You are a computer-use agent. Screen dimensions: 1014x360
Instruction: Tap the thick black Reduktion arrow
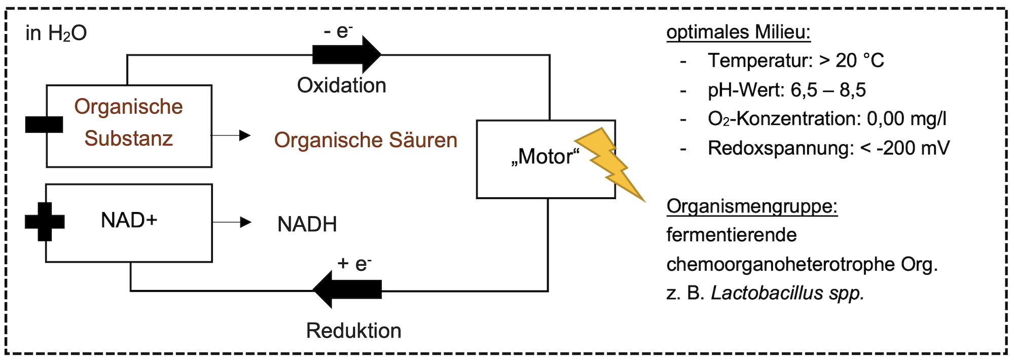347,290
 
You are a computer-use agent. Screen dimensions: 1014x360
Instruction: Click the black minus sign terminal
44,124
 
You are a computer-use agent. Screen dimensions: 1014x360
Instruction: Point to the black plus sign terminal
45,222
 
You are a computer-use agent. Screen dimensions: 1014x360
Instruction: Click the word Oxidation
342,85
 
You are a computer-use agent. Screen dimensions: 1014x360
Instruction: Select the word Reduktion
354,331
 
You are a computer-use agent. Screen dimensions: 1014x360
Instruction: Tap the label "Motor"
545,156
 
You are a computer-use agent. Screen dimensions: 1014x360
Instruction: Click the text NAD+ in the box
129,221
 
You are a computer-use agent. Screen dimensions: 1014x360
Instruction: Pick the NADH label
307,224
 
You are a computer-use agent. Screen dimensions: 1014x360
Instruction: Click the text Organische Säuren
366,140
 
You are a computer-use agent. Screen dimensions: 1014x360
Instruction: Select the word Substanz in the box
129,138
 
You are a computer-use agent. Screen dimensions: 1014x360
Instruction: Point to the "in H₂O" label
56,33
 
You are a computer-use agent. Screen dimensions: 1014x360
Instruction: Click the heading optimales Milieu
739,32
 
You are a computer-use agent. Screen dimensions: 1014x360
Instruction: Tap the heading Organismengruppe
752,206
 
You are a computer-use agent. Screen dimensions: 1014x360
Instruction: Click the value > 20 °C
852,61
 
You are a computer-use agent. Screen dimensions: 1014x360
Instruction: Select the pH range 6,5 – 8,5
828,90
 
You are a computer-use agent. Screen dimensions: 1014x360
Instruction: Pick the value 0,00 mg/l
907,119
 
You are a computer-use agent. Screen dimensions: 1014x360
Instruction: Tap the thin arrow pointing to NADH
232,222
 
